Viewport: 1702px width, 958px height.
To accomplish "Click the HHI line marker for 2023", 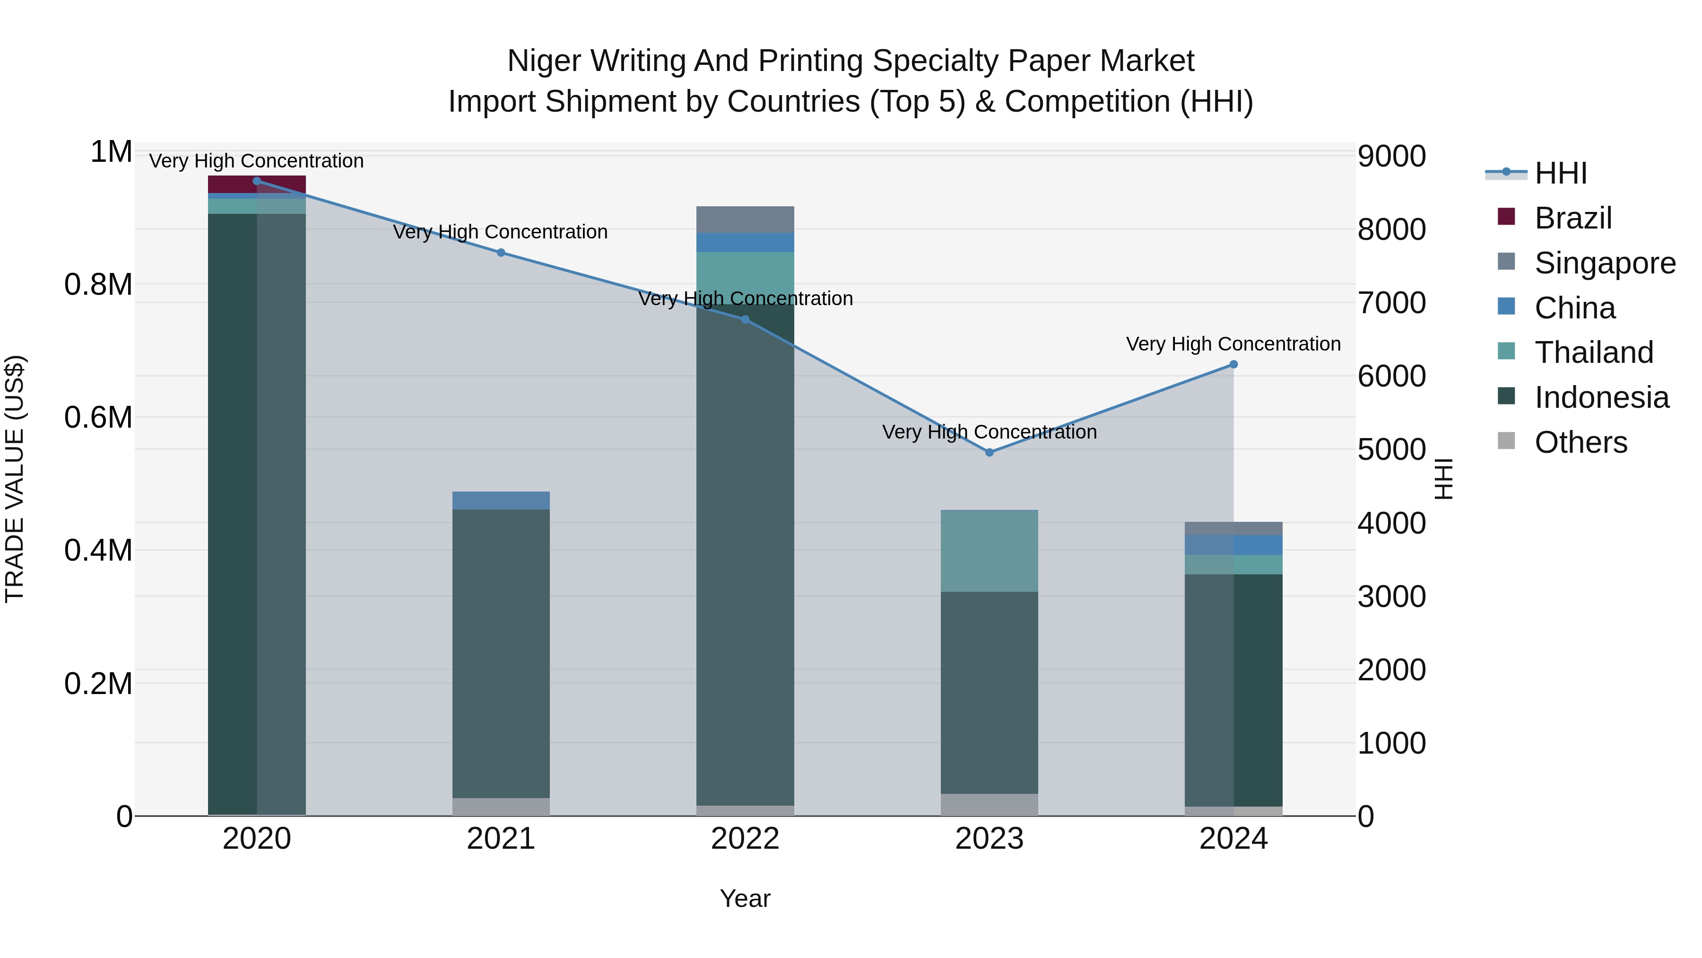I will [x=989, y=452].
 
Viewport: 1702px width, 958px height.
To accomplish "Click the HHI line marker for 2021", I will [x=501, y=253].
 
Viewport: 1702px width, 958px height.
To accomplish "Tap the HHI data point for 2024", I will [x=1233, y=364].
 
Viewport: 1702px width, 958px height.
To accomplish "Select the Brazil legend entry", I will [x=1573, y=218].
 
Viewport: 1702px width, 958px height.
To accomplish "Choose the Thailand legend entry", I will [x=1594, y=352].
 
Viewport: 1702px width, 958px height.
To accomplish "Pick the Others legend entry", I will [x=1580, y=442].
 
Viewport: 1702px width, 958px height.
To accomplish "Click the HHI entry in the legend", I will [x=1560, y=173].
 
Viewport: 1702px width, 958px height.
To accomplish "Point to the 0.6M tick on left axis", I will [x=98, y=418].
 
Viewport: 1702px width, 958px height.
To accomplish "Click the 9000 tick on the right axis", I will [x=1391, y=157].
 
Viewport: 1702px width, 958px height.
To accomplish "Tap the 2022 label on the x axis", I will [x=745, y=839].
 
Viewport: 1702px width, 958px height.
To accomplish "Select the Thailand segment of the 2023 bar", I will [x=989, y=551].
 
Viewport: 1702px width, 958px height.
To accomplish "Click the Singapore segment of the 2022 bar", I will [x=745, y=220].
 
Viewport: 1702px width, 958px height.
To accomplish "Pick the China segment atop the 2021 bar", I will [x=501, y=501].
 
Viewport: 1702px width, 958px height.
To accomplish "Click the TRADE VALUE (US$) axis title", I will [x=15, y=479].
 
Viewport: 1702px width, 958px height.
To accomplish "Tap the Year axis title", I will [x=745, y=898].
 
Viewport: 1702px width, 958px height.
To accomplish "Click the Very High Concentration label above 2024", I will [x=1233, y=344].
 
